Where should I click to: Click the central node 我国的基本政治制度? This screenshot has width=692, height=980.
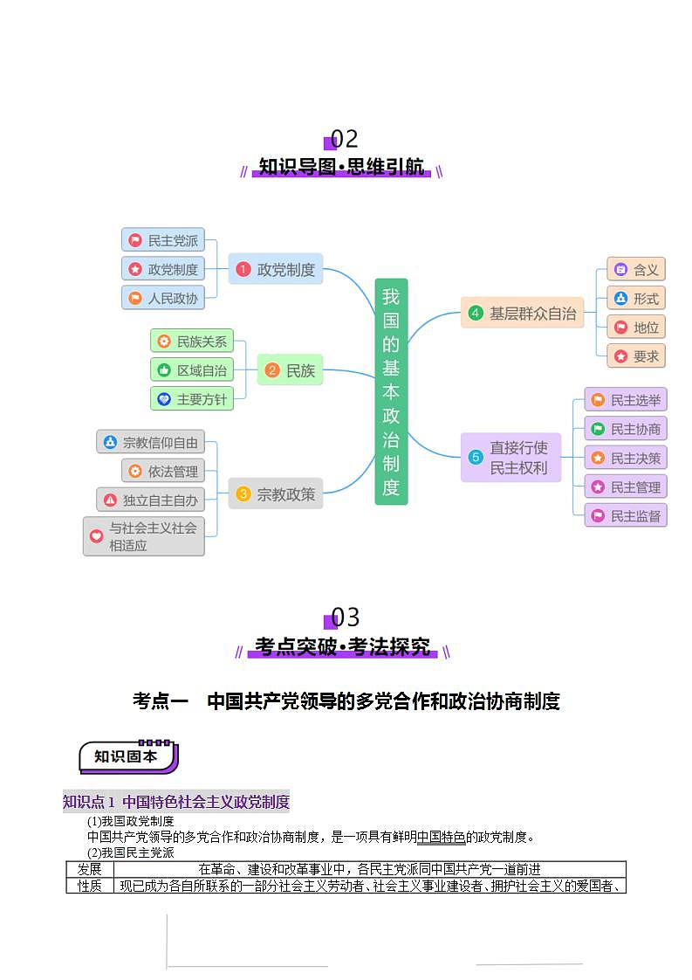pos(391,391)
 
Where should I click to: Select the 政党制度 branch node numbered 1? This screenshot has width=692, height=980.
pos(276,269)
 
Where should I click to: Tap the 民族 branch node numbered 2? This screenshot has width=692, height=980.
pos(290,370)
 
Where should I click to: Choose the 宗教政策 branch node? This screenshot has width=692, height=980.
pos(276,494)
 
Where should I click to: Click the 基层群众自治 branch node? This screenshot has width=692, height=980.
pos(522,313)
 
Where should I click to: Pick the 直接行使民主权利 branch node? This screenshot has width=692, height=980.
pos(510,458)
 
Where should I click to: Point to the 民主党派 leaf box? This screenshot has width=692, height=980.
pos(163,240)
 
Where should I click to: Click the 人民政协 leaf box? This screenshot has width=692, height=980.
pos(163,298)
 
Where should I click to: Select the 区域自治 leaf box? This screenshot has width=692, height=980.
pos(192,370)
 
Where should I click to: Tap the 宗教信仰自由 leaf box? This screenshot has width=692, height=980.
pos(150,442)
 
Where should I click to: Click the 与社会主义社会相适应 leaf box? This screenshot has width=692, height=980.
pos(144,536)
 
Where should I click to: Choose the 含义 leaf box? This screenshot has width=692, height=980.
pos(636,269)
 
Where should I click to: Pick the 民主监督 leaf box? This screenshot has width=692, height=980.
pos(626,515)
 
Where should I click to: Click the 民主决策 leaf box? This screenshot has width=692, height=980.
pos(626,458)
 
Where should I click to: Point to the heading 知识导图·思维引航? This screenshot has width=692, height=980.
pos(341,167)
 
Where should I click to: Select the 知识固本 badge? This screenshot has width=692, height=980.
pos(127,756)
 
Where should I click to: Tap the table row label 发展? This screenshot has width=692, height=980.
pos(90,869)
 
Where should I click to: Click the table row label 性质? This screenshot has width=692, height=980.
pos(90,886)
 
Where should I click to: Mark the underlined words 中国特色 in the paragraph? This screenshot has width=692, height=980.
pos(441,837)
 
